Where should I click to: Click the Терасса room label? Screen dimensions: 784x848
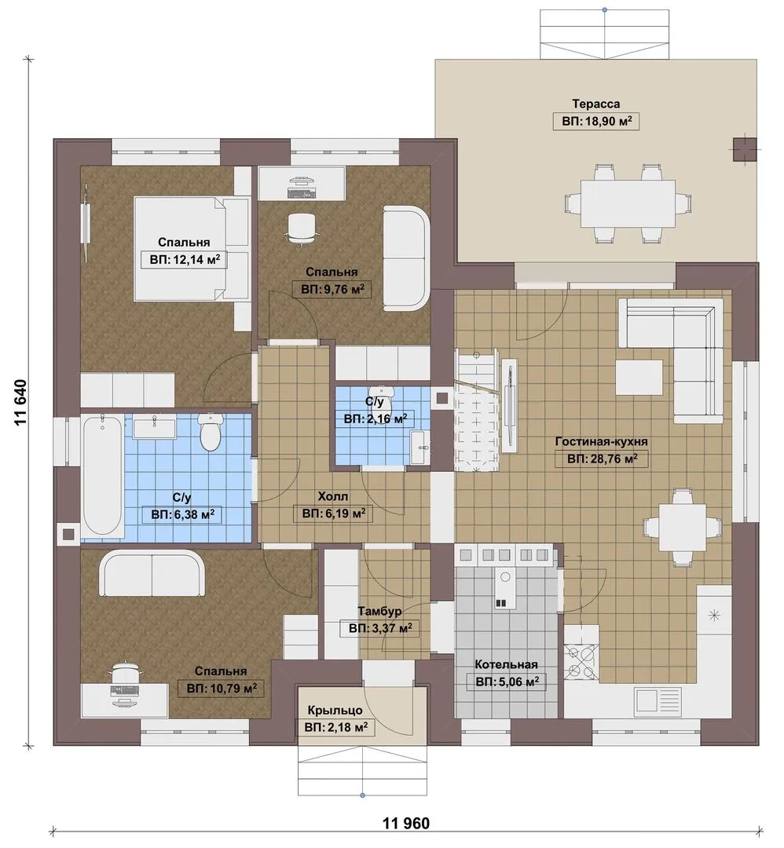point(595,104)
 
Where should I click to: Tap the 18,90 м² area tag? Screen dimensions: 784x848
point(595,121)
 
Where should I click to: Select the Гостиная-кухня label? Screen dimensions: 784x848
point(601,442)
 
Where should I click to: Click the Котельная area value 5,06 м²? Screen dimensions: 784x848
point(507,682)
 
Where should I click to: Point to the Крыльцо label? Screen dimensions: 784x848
point(335,710)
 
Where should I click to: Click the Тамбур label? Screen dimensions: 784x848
point(379,611)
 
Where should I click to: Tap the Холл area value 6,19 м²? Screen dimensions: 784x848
point(333,514)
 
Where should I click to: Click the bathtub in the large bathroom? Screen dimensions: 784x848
point(102,477)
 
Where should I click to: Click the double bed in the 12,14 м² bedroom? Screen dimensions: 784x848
point(192,248)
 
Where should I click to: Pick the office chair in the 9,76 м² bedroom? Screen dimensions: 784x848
point(301,228)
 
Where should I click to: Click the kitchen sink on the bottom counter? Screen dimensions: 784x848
point(657,700)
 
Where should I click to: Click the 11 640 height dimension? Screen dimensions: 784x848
point(20,404)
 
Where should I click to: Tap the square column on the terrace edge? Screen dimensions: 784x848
point(745,149)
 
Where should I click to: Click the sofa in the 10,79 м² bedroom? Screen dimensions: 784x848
point(154,573)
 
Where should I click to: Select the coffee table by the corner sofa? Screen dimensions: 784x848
point(639,378)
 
